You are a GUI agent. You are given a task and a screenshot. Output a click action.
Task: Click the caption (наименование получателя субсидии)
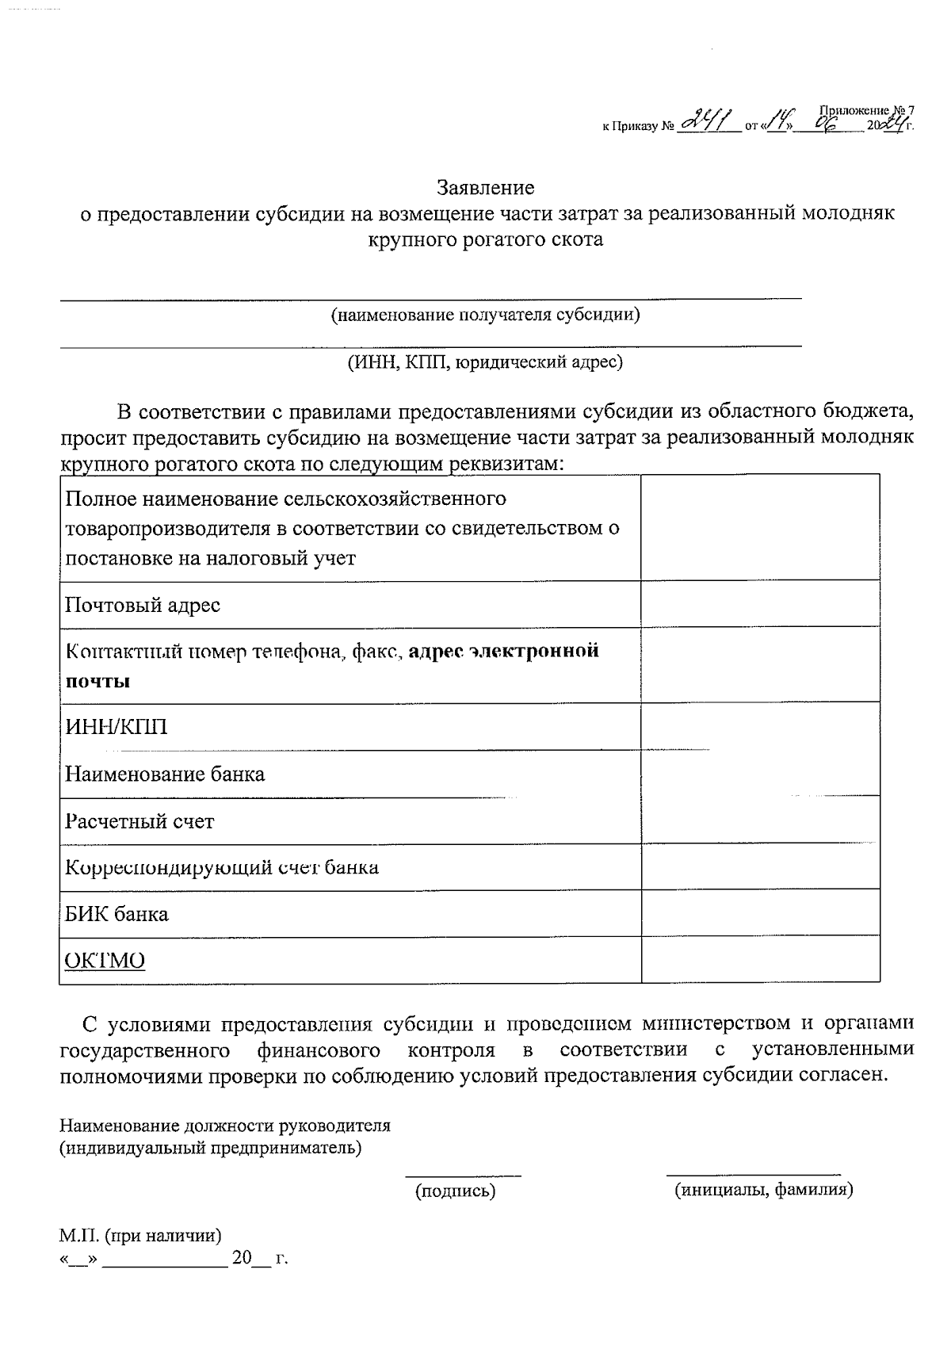[x=486, y=315]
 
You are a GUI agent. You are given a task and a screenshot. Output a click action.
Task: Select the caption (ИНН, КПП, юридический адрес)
[x=484, y=362]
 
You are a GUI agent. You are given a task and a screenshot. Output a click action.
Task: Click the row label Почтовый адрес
[x=143, y=606]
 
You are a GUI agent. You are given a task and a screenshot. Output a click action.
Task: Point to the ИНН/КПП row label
[x=116, y=727]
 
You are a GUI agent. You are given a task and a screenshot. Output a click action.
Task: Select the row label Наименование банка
[x=165, y=774]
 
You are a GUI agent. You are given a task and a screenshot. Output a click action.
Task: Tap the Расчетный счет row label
[x=139, y=821]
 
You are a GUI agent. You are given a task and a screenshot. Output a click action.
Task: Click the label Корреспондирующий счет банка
[x=222, y=867]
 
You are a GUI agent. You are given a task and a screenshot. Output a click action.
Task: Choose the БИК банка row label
[x=116, y=914]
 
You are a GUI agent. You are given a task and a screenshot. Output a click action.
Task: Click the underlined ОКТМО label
[x=105, y=961]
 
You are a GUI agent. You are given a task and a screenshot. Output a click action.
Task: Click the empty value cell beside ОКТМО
[x=759, y=960]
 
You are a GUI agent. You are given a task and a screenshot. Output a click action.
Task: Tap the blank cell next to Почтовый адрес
[x=759, y=604]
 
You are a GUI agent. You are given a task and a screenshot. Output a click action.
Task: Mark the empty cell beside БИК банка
[x=759, y=912]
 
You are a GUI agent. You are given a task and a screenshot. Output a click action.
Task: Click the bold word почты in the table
[x=97, y=682]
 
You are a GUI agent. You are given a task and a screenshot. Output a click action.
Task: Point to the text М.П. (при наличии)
[x=140, y=1235]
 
